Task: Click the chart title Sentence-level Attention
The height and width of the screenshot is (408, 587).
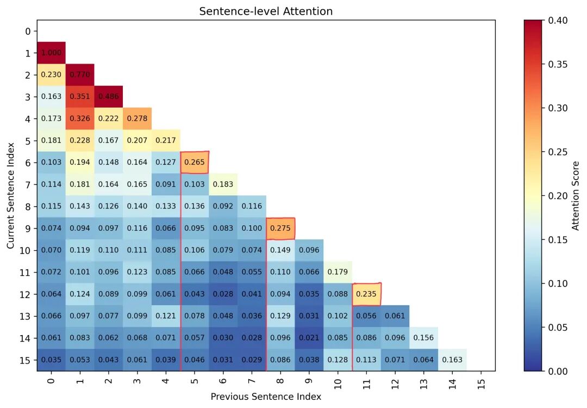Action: pos(266,11)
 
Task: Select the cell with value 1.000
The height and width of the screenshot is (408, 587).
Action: pos(51,53)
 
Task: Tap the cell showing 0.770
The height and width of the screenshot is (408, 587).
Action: pos(80,75)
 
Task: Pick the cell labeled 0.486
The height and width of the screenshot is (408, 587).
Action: pos(109,97)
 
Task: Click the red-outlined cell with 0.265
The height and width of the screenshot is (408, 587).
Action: pos(195,163)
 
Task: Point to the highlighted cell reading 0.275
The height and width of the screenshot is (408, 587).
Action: pos(280,228)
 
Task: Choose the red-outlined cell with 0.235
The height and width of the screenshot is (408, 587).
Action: pos(366,294)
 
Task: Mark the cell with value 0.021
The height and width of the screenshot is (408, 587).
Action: pos(309,338)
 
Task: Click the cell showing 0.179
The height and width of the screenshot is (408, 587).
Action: pos(338,272)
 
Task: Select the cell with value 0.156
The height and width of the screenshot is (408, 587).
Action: pos(423,338)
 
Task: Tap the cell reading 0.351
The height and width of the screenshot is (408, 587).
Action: pos(80,97)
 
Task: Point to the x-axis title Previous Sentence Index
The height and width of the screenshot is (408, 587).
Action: pos(266,397)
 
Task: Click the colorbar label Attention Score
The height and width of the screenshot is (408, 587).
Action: pos(576,196)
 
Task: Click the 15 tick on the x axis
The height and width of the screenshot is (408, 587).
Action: pos(480,381)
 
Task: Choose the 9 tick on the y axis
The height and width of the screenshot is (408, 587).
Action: pos(28,228)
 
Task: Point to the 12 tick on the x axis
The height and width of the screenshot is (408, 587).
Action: pos(395,381)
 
